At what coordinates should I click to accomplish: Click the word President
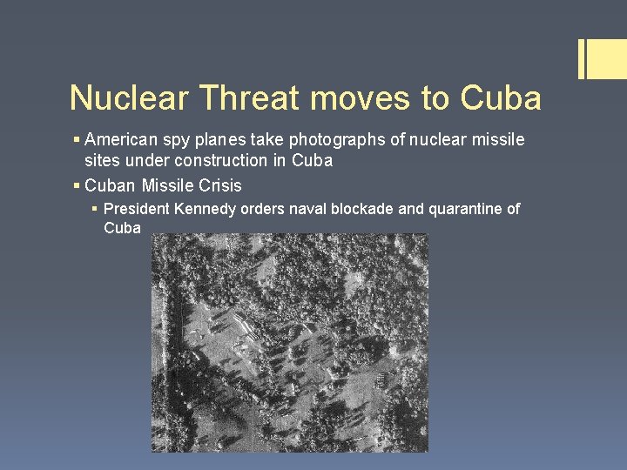[x=138, y=209]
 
